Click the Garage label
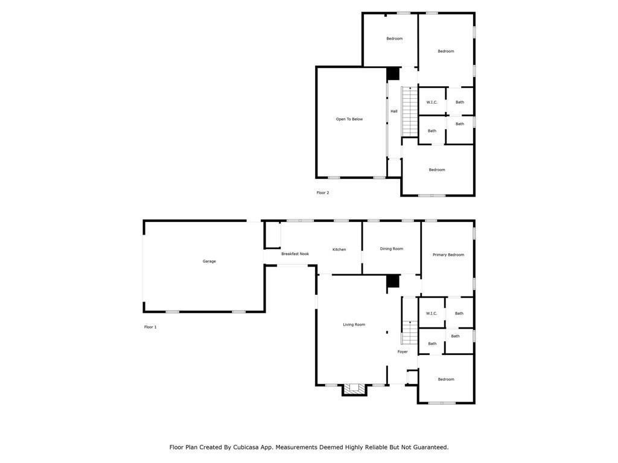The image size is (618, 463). pyautogui.click(x=209, y=261)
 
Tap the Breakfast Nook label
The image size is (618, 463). pyautogui.click(x=295, y=254)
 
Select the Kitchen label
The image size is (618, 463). pyautogui.click(x=339, y=250)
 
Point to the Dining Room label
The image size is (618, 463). pyautogui.click(x=392, y=248)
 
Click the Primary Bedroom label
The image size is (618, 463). pyautogui.click(x=448, y=254)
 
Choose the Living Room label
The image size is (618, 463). pyautogui.click(x=354, y=324)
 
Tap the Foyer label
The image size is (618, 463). pyautogui.click(x=403, y=351)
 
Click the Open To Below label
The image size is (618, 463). pyautogui.click(x=349, y=119)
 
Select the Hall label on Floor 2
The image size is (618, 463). pyautogui.click(x=394, y=111)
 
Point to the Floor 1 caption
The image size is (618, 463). pyautogui.click(x=150, y=327)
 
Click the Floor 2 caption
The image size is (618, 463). pyautogui.click(x=323, y=192)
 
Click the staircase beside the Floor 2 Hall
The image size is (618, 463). pyautogui.click(x=410, y=112)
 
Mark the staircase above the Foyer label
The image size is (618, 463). pyautogui.click(x=410, y=332)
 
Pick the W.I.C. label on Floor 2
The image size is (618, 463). pyautogui.click(x=432, y=102)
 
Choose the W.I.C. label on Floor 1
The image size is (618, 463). pyautogui.click(x=432, y=313)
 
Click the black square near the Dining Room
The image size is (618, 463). pyautogui.click(x=393, y=281)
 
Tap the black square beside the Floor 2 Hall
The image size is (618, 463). pyautogui.click(x=393, y=73)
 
